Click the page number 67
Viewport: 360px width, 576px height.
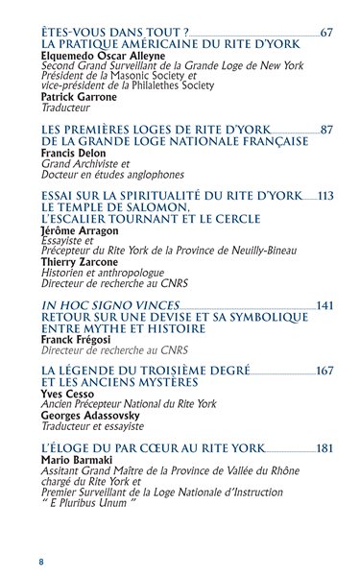point(326,33)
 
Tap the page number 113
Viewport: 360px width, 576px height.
point(324,196)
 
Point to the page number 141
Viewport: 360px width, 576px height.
point(324,305)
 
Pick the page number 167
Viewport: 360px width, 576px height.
point(324,371)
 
